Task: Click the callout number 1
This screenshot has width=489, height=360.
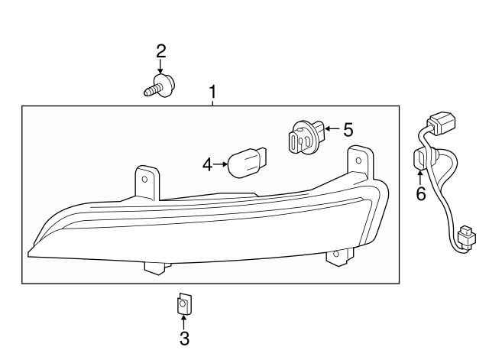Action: [x=213, y=92]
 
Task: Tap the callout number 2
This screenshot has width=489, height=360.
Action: [x=161, y=51]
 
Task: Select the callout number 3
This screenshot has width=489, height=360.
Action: [x=183, y=337]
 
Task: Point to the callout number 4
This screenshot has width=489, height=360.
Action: [x=207, y=164]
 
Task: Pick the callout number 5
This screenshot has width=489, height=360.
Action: [x=348, y=129]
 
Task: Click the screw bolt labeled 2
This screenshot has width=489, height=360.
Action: [x=157, y=86]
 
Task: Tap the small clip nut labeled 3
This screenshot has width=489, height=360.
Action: [x=183, y=304]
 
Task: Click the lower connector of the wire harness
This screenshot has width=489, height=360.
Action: [x=465, y=236]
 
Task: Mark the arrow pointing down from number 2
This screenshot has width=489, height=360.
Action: [x=161, y=67]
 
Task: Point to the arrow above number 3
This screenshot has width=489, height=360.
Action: [x=183, y=319]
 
